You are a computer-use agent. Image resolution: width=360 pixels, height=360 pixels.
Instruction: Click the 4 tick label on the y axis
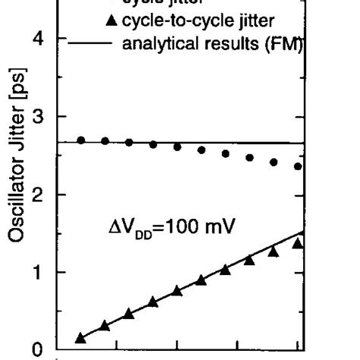pyautogui.click(x=47, y=39)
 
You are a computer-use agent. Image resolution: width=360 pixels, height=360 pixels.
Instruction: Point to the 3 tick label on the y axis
pyautogui.click(x=47, y=117)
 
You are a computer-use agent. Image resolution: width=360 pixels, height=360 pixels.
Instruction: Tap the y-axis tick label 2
pyautogui.click(x=47, y=195)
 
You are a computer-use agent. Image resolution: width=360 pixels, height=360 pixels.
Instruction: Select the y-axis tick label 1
pyautogui.click(x=47, y=273)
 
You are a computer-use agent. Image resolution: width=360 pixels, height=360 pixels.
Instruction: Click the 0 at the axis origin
pyautogui.click(x=47, y=350)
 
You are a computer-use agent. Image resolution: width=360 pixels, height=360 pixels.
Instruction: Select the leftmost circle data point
pyautogui.click(x=81, y=140)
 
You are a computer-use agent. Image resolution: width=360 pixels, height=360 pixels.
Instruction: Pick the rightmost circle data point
pyautogui.click(x=298, y=166)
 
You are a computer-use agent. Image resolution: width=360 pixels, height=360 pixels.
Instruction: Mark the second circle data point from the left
pyautogui.click(x=105, y=141)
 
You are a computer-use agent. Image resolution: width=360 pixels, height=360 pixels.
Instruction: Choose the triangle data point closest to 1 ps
pyautogui.click(x=225, y=270)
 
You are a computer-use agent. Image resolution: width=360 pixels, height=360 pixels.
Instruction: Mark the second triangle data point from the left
pyautogui.click(x=105, y=325)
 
